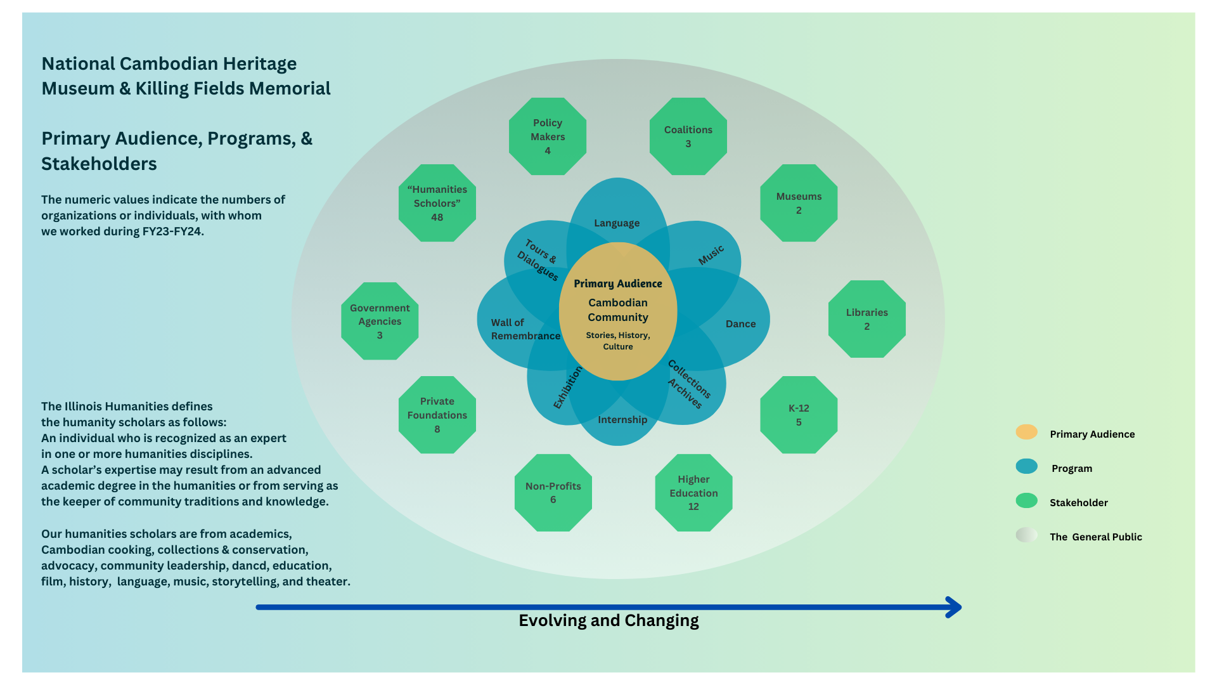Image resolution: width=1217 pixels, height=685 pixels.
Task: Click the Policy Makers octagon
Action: coord(548,136)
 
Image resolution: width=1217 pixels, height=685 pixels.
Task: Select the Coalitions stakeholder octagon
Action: coord(688,136)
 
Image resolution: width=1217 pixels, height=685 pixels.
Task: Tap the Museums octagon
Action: coord(799,203)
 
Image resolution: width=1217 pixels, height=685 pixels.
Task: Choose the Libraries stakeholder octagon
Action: coord(867,319)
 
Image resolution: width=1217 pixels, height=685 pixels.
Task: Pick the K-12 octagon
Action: coord(799,415)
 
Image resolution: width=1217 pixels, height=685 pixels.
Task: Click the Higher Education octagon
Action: coord(693,493)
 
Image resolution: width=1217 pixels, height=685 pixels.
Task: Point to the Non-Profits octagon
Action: coord(553,493)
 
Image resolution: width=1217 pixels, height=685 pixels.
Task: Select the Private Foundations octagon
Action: coord(437,415)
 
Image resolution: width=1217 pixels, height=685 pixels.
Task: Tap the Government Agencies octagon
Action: coord(380,321)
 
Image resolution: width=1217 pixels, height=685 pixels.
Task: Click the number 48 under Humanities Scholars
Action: coord(437,218)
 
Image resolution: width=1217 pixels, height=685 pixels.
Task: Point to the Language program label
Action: coord(617,223)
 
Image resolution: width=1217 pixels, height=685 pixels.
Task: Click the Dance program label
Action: coord(740,324)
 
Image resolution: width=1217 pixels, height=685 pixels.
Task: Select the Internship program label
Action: coord(622,420)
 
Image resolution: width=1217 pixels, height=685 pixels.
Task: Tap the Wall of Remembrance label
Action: coord(525,329)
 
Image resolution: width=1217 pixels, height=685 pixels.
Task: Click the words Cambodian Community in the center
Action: coord(618,310)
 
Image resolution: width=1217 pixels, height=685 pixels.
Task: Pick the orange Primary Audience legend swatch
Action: coord(1027,432)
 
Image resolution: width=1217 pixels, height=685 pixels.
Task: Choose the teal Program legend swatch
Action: coord(1027,466)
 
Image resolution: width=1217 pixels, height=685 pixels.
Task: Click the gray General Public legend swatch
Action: coord(1027,535)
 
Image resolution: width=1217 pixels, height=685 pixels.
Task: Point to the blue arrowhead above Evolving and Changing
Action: coord(954,607)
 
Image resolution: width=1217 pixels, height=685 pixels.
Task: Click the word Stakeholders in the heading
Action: coord(99,164)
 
